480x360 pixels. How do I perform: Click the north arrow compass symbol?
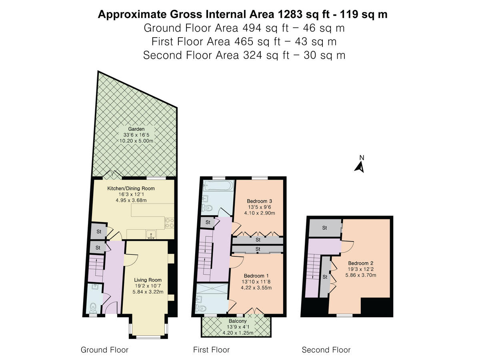pos(359,165)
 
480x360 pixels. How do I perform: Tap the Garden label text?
pos(136,129)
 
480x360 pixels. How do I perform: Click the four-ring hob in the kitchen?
pos(169,222)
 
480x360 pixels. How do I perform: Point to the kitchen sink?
pos(151,234)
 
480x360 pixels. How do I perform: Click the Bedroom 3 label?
pos(259,201)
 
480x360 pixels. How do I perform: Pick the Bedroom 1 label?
pos(256,276)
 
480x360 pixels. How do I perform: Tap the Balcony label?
pos(238,321)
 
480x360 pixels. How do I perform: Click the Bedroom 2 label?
pos(360,263)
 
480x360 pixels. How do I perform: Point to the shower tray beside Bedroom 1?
pos(212,291)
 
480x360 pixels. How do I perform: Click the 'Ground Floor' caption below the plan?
pos(104,350)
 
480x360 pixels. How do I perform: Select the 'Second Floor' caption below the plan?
pos(326,350)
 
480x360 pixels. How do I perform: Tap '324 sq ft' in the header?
pos(264,55)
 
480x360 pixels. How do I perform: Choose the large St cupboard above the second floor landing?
pos(324,228)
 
